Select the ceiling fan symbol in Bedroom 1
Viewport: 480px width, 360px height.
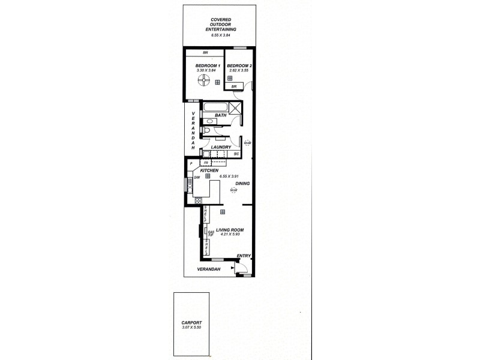(x=205, y=81)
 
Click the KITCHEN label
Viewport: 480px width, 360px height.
(x=209, y=170)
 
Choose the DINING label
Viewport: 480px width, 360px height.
(x=242, y=184)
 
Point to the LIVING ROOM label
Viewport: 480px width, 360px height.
(x=229, y=229)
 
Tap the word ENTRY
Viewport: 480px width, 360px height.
(x=243, y=256)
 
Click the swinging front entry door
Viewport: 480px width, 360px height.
(x=241, y=269)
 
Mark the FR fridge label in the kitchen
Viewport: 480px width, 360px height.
(x=206, y=163)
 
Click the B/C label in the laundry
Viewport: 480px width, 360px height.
(x=237, y=154)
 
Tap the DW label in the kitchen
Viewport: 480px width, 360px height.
(x=197, y=178)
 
